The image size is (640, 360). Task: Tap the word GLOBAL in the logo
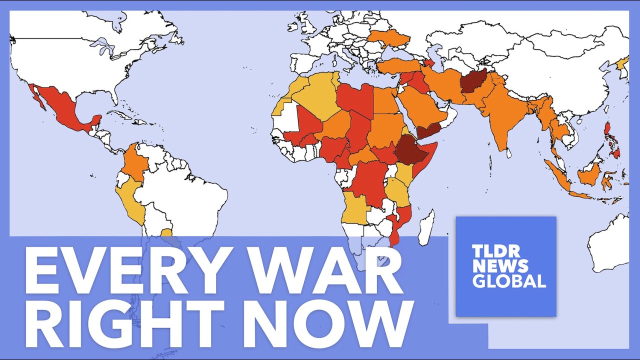509,281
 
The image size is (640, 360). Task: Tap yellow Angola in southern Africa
356,210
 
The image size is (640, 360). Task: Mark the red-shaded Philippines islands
612,140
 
